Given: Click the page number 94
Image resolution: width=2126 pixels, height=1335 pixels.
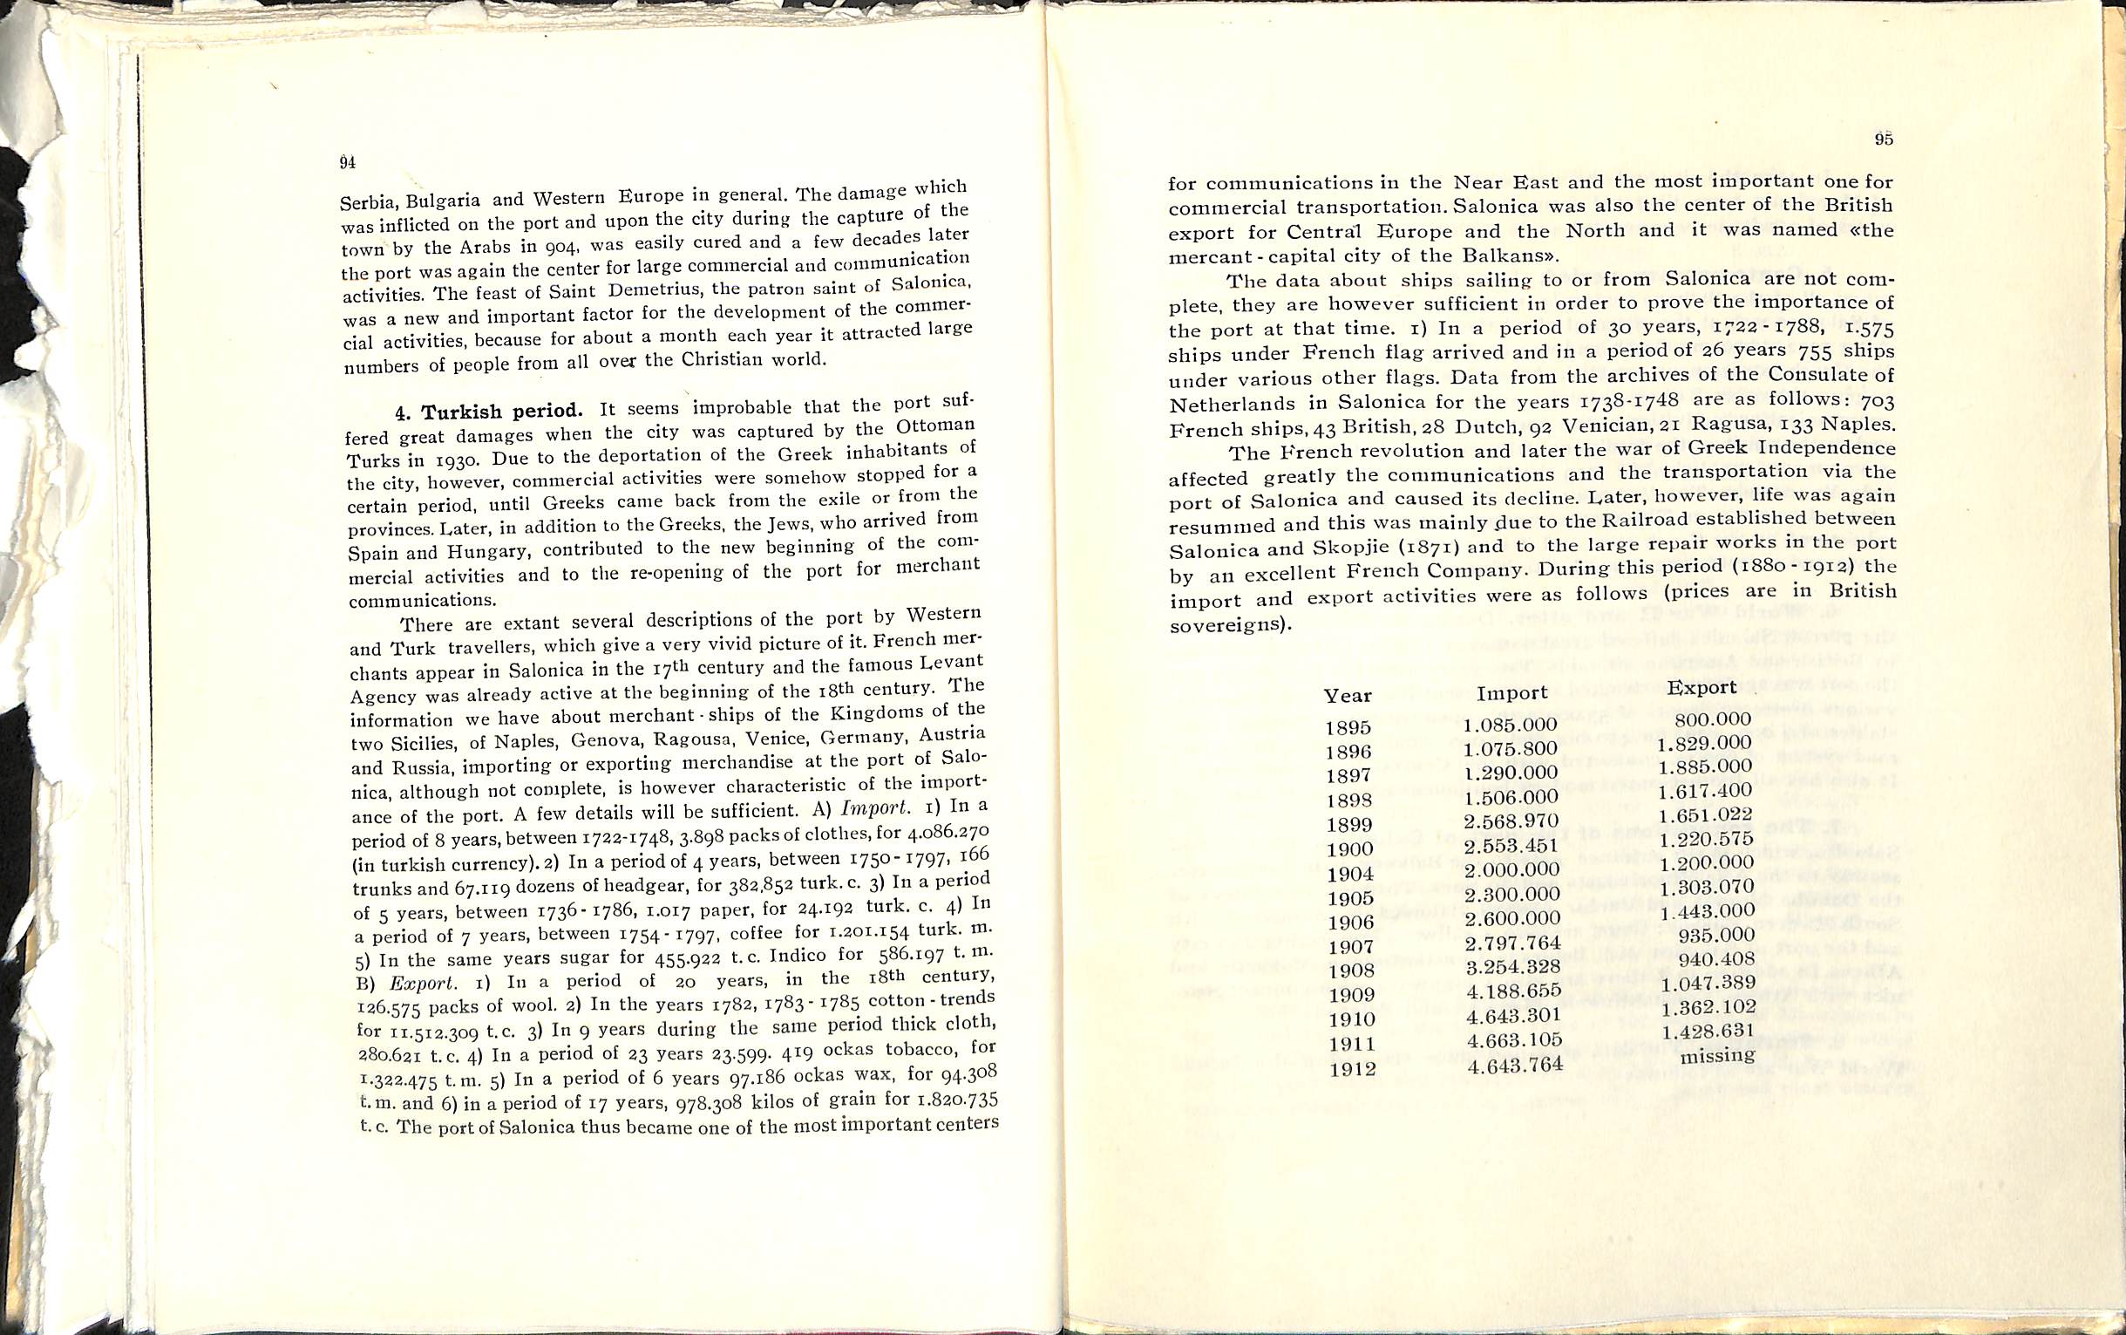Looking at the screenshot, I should (x=347, y=162).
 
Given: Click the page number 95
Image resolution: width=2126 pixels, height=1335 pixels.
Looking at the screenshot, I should (x=1884, y=139).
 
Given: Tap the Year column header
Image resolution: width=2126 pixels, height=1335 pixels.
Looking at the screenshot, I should (x=1348, y=696).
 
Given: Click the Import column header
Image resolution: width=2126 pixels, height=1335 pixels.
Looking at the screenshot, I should (x=1511, y=693).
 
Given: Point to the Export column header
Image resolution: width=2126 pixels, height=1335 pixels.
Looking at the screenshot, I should (x=1701, y=687).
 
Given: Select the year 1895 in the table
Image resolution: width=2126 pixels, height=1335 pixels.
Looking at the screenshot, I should (x=1348, y=728).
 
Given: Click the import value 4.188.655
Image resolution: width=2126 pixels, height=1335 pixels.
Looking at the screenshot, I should (x=1511, y=991).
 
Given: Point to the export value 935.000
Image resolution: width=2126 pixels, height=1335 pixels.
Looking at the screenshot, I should (x=1708, y=935).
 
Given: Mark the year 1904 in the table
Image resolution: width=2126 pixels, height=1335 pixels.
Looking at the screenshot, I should (x=1349, y=874).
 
